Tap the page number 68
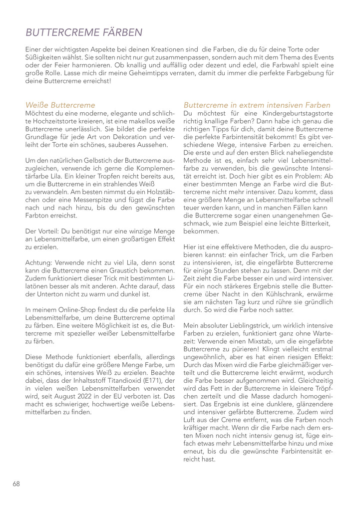coord(16,484)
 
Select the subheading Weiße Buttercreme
coord(60,105)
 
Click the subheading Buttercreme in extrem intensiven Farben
coord(257,105)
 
